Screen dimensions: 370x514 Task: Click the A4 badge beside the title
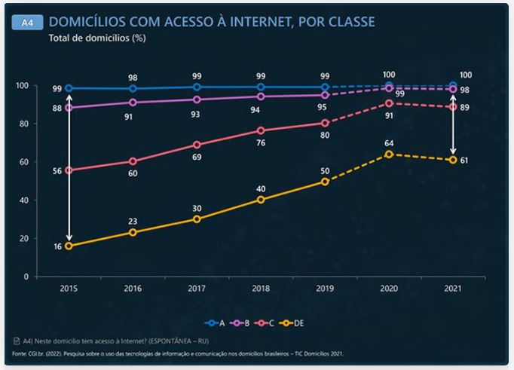(26, 23)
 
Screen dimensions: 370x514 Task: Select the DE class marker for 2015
(69, 246)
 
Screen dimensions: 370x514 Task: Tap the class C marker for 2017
(197, 145)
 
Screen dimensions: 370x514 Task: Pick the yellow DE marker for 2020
(389, 154)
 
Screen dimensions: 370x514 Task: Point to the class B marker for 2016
(133, 102)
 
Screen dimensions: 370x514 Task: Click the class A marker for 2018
(261, 87)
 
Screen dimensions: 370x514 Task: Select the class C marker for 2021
(453, 106)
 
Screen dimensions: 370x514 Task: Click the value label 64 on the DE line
(389, 142)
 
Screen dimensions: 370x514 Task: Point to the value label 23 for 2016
(133, 221)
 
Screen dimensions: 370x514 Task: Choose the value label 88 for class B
(57, 109)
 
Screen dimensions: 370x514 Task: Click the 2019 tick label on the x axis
(325, 288)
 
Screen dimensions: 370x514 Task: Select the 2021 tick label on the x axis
(453, 288)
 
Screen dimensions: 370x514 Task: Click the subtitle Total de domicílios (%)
(97, 38)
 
